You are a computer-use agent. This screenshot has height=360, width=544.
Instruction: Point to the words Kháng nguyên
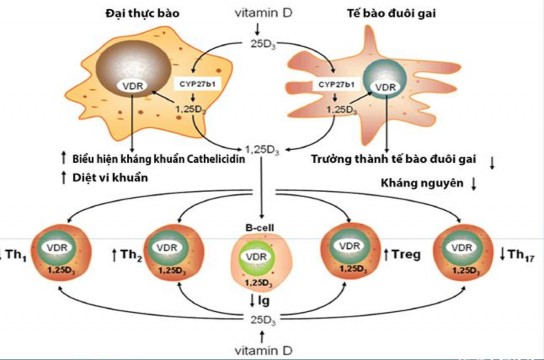420,184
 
